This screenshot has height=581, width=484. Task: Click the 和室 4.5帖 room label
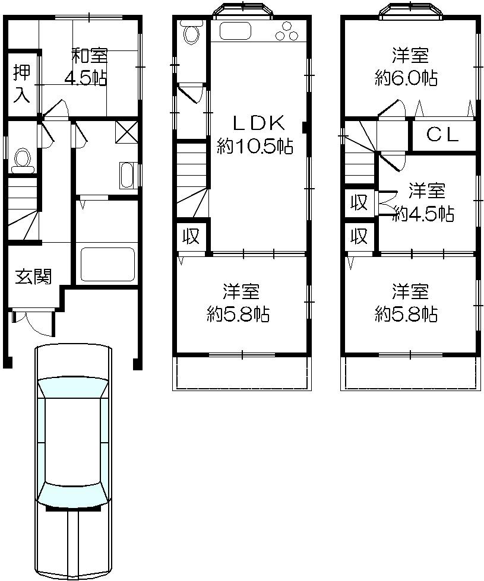[x=90, y=67]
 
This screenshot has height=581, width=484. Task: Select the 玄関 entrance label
[x=33, y=277]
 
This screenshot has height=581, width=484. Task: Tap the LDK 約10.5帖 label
[x=255, y=135]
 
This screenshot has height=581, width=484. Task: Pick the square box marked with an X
[x=126, y=131]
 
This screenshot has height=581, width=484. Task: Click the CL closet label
[x=442, y=135]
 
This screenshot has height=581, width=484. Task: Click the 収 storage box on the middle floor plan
[x=190, y=237]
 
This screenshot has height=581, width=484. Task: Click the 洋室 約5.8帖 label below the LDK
[x=240, y=303]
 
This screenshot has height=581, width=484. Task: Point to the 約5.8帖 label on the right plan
[x=408, y=303]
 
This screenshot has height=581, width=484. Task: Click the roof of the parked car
[x=73, y=439]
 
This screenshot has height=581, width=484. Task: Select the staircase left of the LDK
[x=191, y=172]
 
